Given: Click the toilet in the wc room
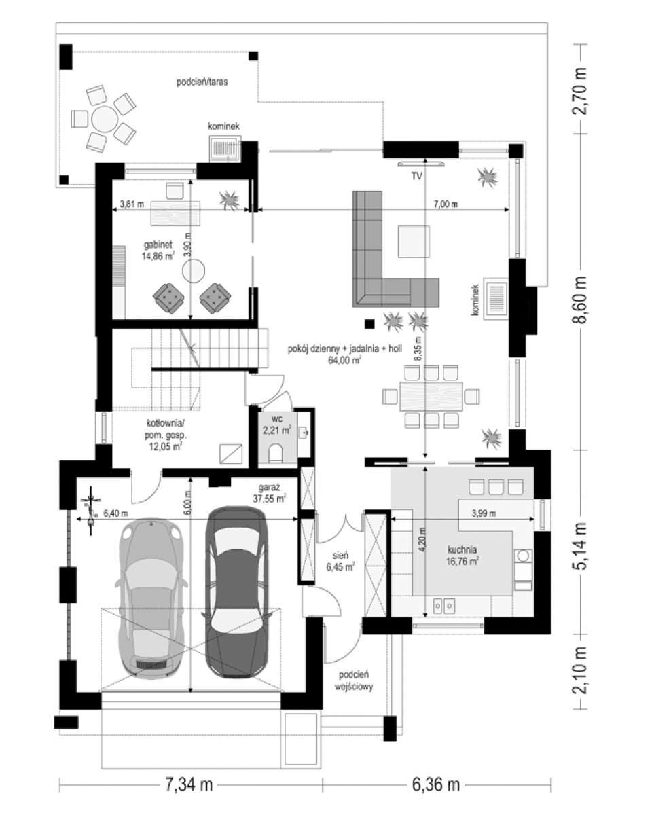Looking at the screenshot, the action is [x=275, y=452].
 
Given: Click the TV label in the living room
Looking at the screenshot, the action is [x=416, y=176].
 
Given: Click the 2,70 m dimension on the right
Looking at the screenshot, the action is [x=580, y=91].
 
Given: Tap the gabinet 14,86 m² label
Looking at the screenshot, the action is [x=158, y=251].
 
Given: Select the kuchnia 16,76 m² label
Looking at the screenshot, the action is [x=463, y=556].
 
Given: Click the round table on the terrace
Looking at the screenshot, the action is [x=105, y=120].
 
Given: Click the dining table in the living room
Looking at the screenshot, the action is [x=431, y=397].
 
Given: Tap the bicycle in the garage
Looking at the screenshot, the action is [x=91, y=510].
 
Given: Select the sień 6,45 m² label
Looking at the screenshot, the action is [x=340, y=561].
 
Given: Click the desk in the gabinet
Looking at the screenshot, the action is [x=175, y=213].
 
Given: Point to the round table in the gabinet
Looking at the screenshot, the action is [x=194, y=271].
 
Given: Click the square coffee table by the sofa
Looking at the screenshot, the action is [x=414, y=242].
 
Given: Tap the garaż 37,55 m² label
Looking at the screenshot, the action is [x=270, y=493].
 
